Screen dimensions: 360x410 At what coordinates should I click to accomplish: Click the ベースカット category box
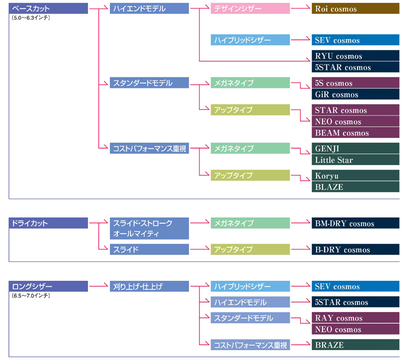pos(48,9)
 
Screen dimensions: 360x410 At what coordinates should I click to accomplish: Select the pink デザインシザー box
pos(250,9)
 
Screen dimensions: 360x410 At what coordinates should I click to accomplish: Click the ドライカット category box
pos(48,223)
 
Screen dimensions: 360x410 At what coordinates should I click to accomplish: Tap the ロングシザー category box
pos(48,286)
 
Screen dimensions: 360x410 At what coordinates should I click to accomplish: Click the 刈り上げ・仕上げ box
pos(149,286)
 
